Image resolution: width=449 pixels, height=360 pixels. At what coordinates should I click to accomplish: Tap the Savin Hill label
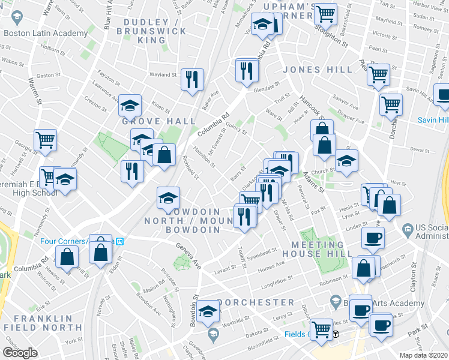pyautogui.click(x=433, y=120)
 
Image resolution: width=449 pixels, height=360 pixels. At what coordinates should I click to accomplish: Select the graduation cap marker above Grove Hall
pyautogui.click(x=130, y=106)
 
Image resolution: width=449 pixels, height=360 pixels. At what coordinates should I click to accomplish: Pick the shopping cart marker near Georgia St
pyautogui.click(x=45, y=140)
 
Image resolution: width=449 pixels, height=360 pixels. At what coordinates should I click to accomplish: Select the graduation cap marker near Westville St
pyautogui.click(x=208, y=310)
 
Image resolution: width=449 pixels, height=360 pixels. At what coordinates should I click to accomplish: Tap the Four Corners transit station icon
pyautogui.click(x=120, y=241)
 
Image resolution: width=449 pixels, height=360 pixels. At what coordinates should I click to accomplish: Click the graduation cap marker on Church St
pyautogui.click(x=346, y=160)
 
